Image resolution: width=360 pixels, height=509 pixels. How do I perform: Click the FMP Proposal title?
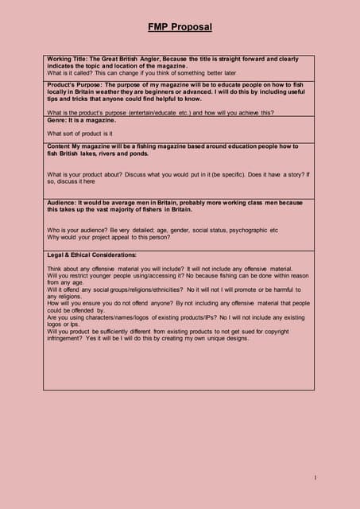tap(180, 27)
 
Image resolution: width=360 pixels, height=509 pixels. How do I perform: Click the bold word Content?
tap(60, 146)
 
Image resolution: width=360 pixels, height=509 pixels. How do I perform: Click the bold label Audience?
tap(65, 203)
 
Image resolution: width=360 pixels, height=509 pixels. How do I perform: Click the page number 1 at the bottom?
tap(315, 477)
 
